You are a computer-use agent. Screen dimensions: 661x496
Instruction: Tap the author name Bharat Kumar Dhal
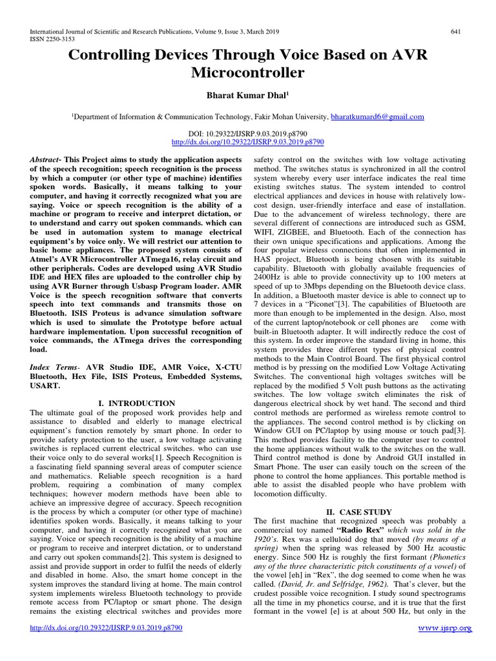coord(246,96)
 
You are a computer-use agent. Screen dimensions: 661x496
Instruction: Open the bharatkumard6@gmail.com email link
coord(377,117)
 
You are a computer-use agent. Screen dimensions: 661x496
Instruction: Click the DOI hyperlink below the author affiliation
coord(248,140)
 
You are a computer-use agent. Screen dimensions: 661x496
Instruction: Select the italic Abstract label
coord(47,159)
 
